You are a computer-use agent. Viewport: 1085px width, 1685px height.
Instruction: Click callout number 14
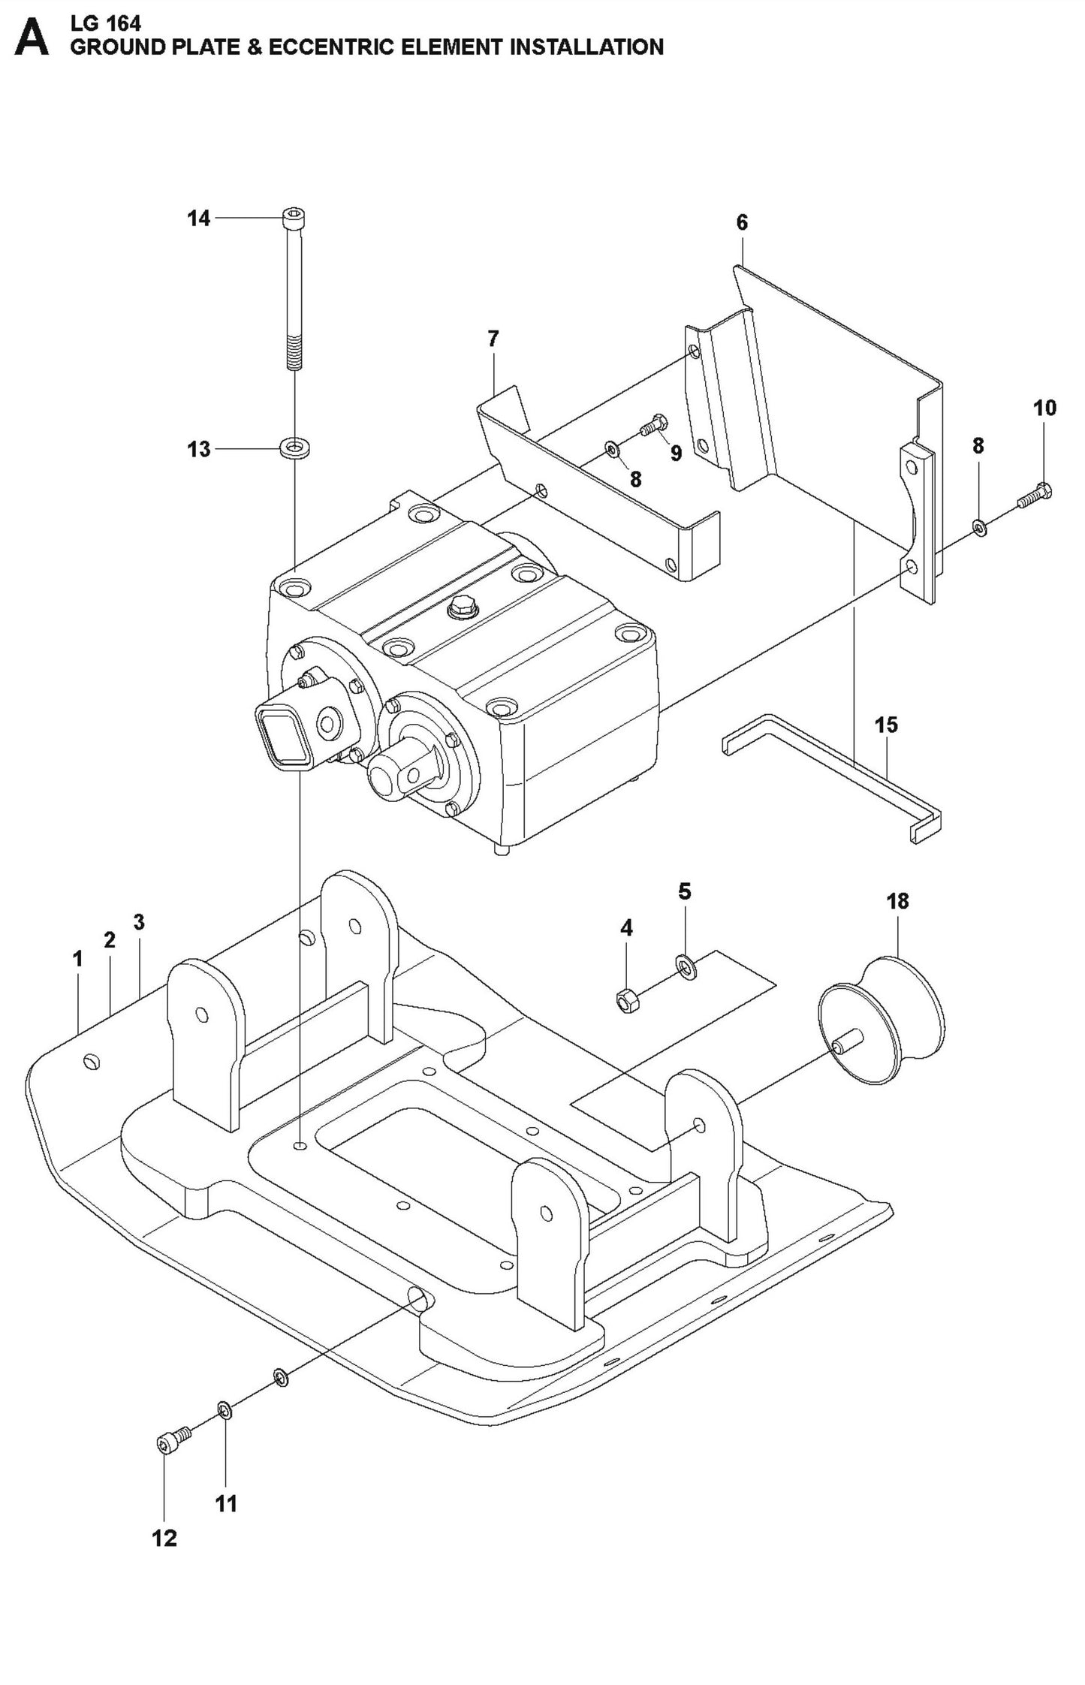click(198, 219)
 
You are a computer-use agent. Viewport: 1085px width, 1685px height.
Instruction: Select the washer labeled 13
click(296, 449)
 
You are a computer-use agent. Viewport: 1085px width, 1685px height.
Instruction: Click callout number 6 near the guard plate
click(742, 222)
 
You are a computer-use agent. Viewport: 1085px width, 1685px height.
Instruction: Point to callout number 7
click(493, 339)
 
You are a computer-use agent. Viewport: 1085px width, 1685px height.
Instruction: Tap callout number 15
click(886, 725)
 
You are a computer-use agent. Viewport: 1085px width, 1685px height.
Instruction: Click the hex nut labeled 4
click(626, 1000)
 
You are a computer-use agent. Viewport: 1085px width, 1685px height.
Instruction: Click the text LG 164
click(105, 23)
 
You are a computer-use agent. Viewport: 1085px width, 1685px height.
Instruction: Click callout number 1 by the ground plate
click(77, 959)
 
